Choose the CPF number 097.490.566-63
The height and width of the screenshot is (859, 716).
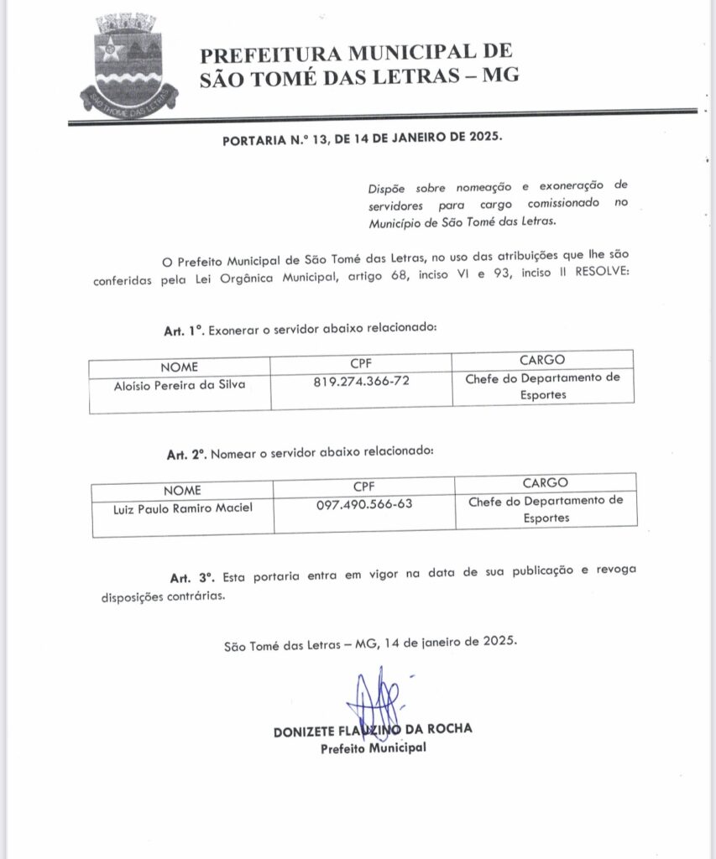click(x=365, y=504)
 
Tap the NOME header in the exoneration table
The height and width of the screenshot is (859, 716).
click(x=179, y=367)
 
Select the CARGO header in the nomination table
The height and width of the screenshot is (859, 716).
click(x=545, y=482)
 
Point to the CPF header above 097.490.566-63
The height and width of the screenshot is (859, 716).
click(x=365, y=485)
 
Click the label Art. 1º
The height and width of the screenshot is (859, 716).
click(x=185, y=331)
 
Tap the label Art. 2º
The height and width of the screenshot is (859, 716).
click(x=187, y=454)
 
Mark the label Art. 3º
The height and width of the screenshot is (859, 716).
click(x=192, y=578)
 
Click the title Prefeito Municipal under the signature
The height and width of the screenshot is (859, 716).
click(x=373, y=747)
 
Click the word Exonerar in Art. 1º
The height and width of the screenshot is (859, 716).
click(x=234, y=331)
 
